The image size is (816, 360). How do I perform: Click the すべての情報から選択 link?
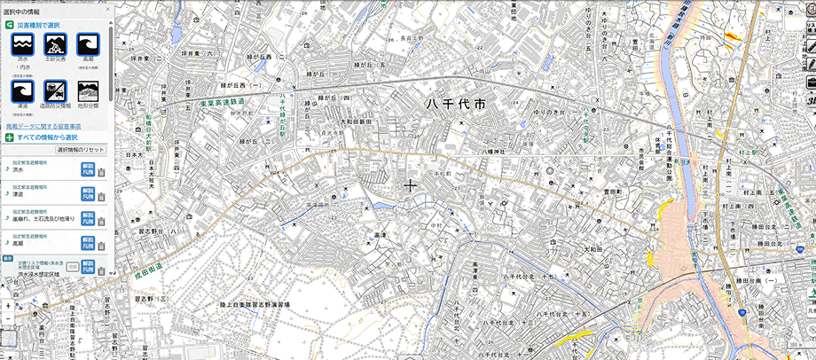point(46,137)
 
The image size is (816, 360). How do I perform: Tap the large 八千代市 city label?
point(456,105)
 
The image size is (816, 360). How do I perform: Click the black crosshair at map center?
point(410,185)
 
